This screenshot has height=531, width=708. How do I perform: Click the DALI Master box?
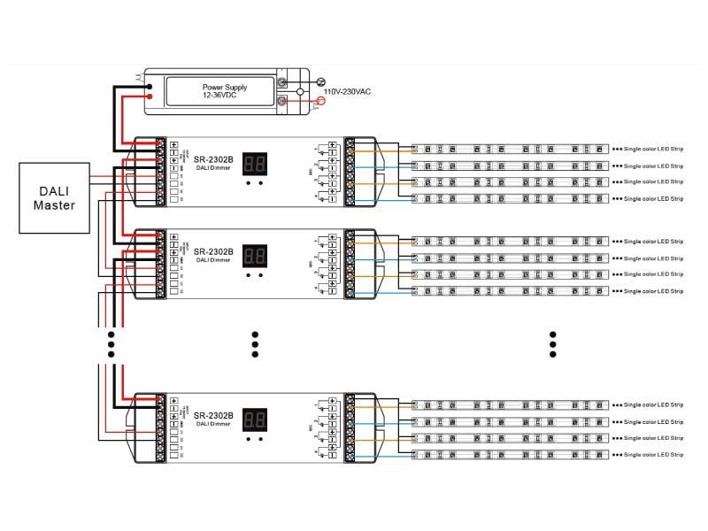pos(54,197)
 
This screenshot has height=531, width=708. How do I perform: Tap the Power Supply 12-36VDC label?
pos(225,91)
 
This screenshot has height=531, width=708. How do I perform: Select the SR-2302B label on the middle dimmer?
pos(213,251)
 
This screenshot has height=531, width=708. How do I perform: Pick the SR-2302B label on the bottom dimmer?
pos(213,415)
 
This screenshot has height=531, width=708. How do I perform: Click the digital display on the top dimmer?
pos(255,164)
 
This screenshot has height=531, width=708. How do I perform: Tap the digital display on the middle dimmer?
pos(255,255)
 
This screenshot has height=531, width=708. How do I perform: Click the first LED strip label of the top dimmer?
pos(653,149)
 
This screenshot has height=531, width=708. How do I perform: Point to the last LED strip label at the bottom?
pos(653,455)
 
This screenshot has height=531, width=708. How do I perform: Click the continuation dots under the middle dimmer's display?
pos(255,344)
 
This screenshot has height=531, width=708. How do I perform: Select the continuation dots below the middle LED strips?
pos(552,344)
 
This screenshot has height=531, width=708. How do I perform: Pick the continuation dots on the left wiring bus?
pos(112,344)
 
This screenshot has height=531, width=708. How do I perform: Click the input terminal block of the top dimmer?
pos(160,171)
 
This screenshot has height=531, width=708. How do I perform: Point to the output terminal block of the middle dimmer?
pos(350,264)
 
